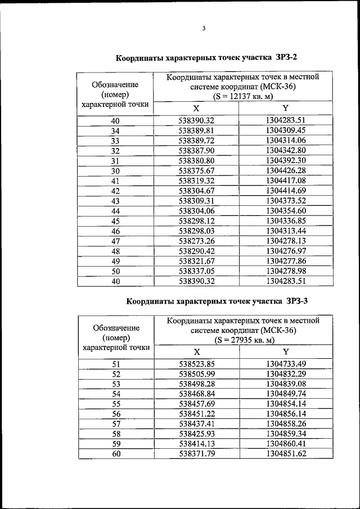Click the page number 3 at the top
pos(204,29)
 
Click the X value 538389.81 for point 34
pos(197,130)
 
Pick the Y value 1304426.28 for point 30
pos(285,170)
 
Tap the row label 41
pos(115,181)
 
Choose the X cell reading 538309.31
pos(197,201)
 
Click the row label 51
pos(116,364)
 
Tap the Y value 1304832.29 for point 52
pos(285,374)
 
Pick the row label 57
pos(116,424)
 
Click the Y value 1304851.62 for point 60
pos(285,454)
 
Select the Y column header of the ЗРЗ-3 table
pos(285,352)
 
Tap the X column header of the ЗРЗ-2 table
pos(196,108)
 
